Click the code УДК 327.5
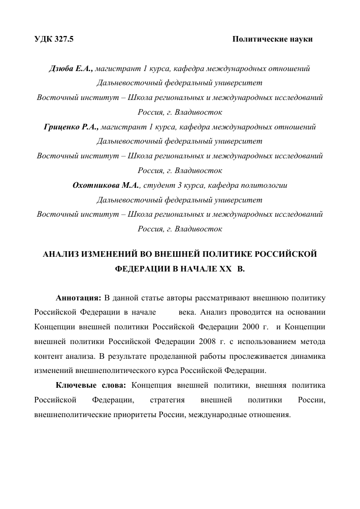click(54, 39)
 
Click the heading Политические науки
click(272, 39)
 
